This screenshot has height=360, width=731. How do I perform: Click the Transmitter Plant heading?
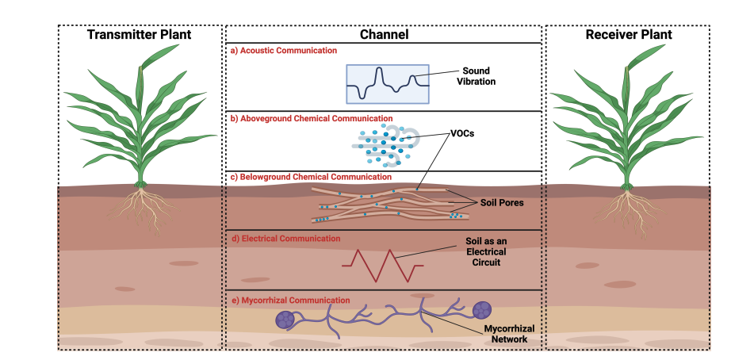tap(139, 35)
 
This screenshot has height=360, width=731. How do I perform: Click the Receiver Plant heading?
tap(629, 35)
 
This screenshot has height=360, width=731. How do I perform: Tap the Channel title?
tap(384, 35)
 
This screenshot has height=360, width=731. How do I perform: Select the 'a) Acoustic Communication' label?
tap(283, 51)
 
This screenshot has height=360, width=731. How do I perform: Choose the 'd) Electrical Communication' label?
tap(285, 238)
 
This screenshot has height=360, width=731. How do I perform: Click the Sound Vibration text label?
tap(476, 77)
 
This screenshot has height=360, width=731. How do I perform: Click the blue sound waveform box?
tap(387, 83)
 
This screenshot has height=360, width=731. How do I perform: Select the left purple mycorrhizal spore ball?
tap(285, 320)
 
